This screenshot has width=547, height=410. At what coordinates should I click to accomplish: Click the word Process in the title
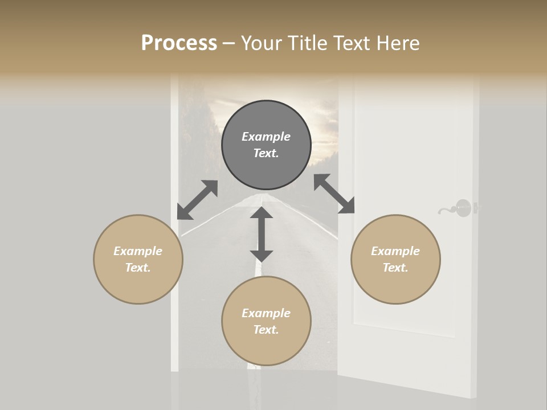point(179,43)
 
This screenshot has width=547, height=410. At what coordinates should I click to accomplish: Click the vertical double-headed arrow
point(262,234)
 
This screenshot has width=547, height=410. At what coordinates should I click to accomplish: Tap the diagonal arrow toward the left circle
point(197,200)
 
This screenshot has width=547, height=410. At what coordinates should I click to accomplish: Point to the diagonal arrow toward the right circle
point(334,194)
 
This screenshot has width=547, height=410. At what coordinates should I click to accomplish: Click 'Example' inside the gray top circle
point(266,137)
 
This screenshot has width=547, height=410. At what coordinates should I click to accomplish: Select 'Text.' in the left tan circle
point(138,268)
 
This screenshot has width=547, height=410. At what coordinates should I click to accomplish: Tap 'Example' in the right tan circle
point(395,251)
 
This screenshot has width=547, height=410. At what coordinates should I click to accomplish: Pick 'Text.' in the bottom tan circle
point(266,330)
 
